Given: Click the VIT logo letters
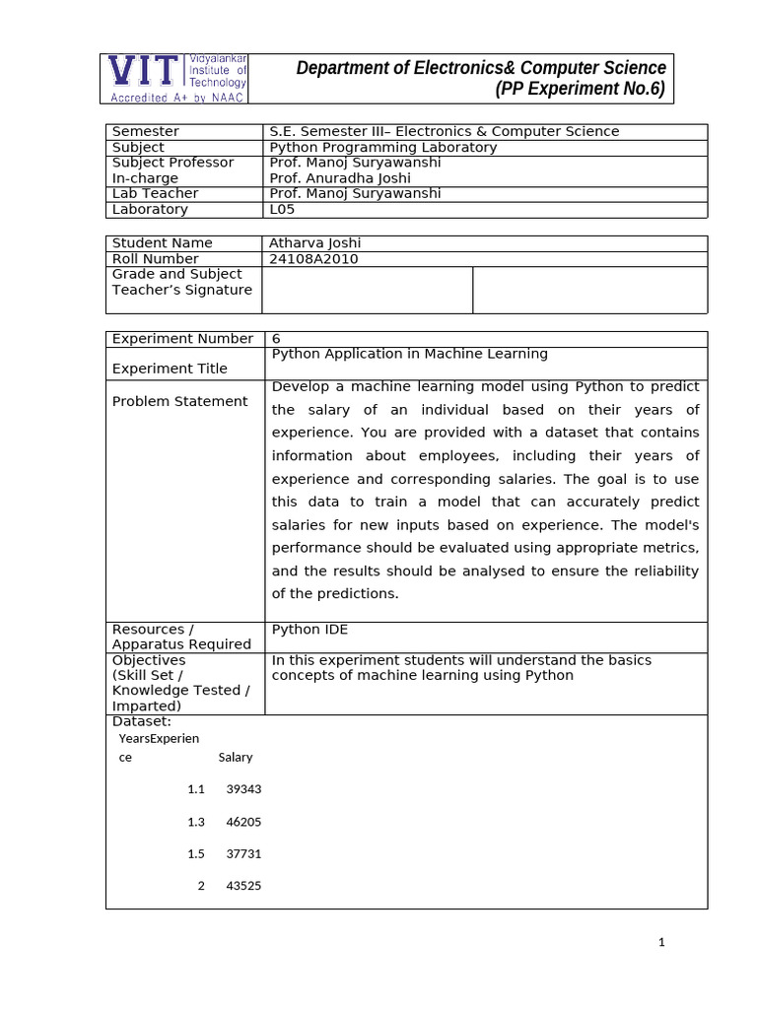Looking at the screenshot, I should tap(144, 72).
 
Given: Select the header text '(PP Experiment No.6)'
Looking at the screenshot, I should tap(580, 90).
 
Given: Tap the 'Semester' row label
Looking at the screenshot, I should tap(146, 131).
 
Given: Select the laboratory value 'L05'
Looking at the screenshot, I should tap(283, 209).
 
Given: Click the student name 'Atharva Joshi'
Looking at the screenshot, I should tap(315, 242).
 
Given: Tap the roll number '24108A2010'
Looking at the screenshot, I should tap(314, 258).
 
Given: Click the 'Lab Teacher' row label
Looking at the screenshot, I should tap(156, 193).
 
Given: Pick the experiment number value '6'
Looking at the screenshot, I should tap(276, 338).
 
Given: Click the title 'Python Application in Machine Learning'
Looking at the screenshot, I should tap(409, 353).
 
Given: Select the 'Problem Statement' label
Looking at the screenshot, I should tap(180, 401).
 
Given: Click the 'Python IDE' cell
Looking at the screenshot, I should tap(310, 629).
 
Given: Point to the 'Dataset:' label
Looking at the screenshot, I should tap(142, 721).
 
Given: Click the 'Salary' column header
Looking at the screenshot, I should tap(236, 757).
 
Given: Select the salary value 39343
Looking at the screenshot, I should tap(243, 789).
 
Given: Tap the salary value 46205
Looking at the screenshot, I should tap(243, 821).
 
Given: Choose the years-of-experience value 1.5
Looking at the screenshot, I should tap(195, 853).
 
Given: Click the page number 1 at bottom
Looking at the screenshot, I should tap(662, 942).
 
